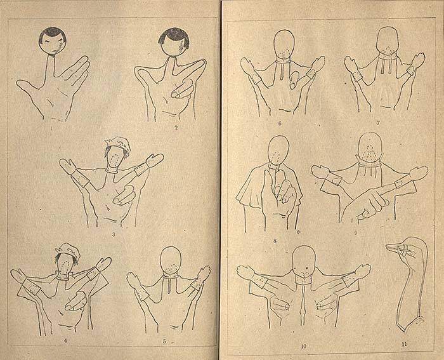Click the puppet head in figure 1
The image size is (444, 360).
[53, 40]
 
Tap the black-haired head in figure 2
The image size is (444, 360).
[174, 42]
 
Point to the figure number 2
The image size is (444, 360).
[176, 127]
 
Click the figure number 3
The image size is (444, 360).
[114, 234]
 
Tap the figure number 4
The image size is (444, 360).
[66, 341]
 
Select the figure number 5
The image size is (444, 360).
[164, 342]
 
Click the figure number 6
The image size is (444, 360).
[280, 123]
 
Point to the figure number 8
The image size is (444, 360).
[275, 241]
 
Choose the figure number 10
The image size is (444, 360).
[304, 346]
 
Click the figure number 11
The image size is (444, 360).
[404, 344]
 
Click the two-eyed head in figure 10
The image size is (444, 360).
[304, 261]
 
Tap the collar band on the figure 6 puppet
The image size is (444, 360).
[284, 60]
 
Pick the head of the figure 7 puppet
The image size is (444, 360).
[388, 40]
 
